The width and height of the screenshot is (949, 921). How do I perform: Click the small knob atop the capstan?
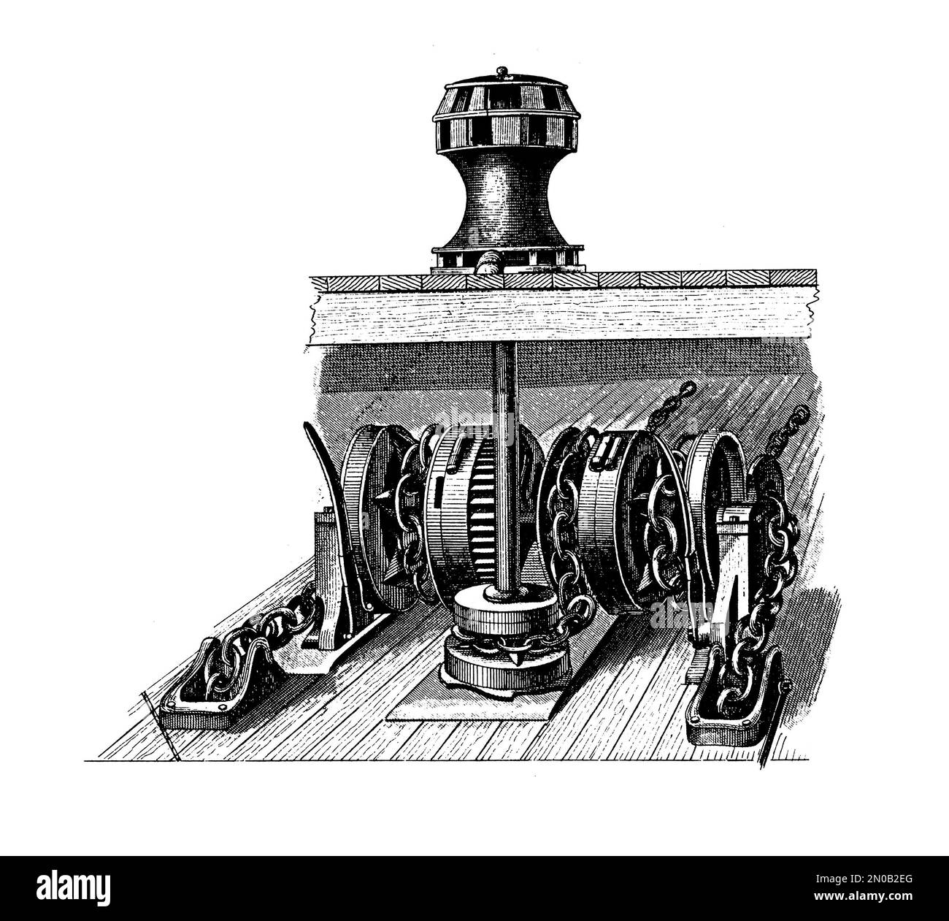click(501, 71)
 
